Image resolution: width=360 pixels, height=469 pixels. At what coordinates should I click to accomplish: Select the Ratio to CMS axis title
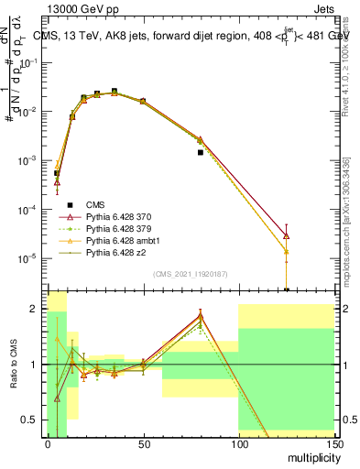(16, 365)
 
